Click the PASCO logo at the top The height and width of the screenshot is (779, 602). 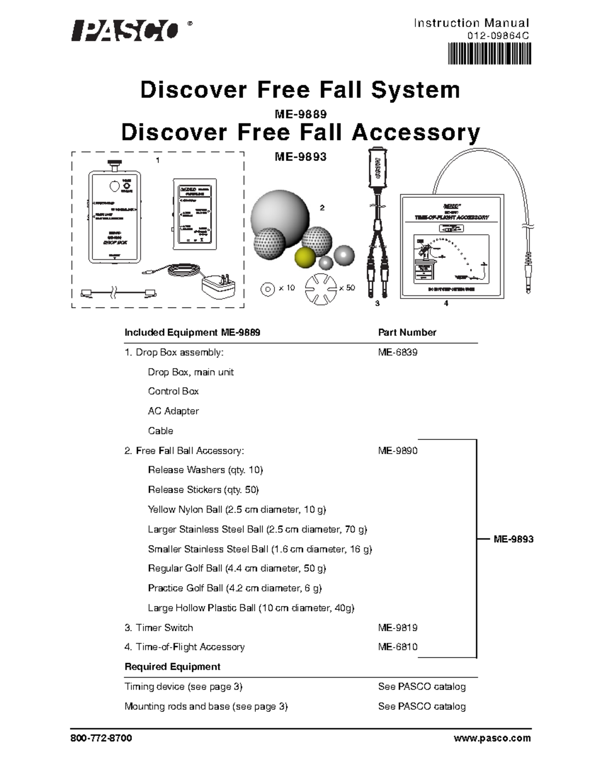pyautogui.click(x=124, y=31)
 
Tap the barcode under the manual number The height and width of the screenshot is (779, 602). pyautogui.click(x=489, y=54)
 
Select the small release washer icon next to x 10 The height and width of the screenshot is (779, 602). pyautogui.click(x=268, y=288)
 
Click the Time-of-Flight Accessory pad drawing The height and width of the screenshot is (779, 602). pyautogui.click(x=452, y=246)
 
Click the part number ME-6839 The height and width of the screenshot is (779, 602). pyautogui.click(x=397, y=352)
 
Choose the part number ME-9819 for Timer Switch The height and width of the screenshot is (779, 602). pyautogui.click(x=397, y=628)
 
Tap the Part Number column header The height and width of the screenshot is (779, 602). pyautogui.click(x=407, y=332)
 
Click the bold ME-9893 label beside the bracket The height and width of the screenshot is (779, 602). pyautogui.click(x=513, y=539)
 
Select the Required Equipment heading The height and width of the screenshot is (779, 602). pyautogui.click(x=172, y=667)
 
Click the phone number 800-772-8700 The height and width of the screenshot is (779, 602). pyautogui.click(x=100, y=738)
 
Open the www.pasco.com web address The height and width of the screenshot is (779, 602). pyautogui.click(x=492, y=738)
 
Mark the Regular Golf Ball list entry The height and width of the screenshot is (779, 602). pyautogui.click(x=237, y=568)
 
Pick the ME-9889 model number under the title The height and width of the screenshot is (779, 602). pyautogui.click(x=300, y=114)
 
